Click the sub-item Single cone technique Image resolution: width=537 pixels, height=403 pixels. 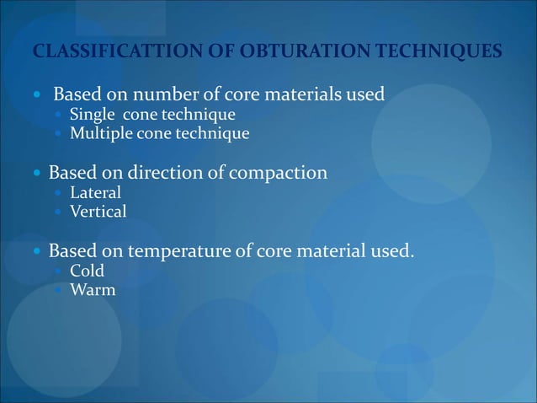152,115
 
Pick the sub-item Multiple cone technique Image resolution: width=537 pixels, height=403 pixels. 159,133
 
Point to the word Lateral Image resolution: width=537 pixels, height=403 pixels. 95,193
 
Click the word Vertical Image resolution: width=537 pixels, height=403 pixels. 98,212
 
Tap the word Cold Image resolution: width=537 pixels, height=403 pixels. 87,271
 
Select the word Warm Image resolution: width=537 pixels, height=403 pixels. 93,291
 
